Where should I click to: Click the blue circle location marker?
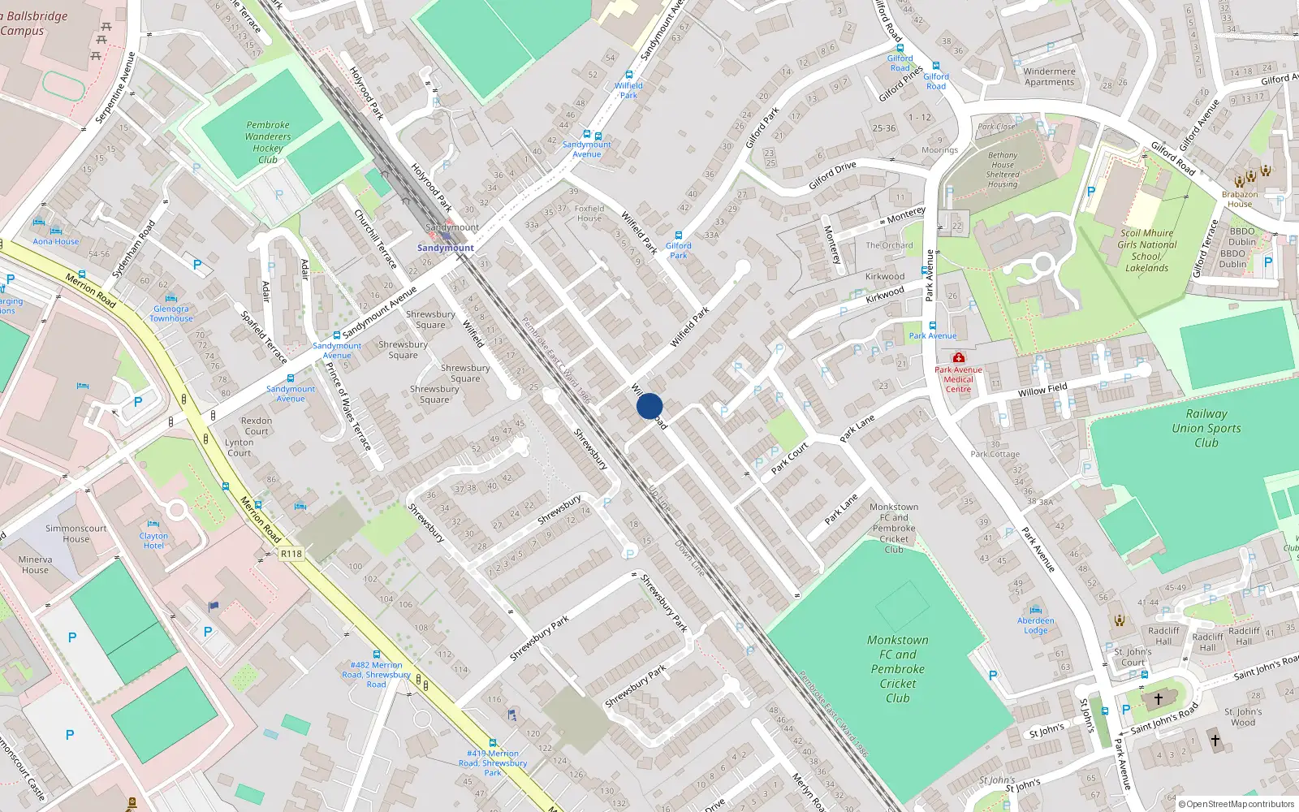point(649,406)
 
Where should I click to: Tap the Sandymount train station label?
point(446,248)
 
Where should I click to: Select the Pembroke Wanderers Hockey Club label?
point(268,142)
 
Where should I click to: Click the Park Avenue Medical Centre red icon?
point(959,358)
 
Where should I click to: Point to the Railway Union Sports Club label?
point(1206,428)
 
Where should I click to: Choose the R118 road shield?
point(291,554)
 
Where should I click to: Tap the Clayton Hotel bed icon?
point(153,525)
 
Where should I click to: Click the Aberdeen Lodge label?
point(1036,625)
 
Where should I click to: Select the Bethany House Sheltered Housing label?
point(1003,170)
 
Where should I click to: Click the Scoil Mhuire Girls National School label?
point(1146,250)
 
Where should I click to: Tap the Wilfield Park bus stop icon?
point(629,75)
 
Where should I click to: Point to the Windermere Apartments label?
point(1049,76)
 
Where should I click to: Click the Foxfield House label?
point(589,213)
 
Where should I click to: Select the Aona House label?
point(56,241)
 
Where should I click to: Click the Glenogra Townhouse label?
point(171,313)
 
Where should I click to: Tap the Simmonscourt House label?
point(76,533)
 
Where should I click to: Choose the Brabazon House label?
point(1240,199)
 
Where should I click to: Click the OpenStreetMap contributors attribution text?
point(1240,804)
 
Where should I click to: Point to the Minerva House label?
point(35,564)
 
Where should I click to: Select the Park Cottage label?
point(995,454)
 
